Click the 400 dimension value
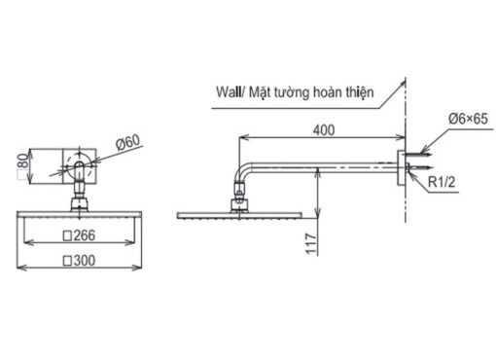324,130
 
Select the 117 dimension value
311,244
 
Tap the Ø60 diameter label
128,142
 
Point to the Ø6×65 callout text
468,119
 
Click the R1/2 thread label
442,182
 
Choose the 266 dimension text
85,235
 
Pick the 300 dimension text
85,261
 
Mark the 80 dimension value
23,161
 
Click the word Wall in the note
229,92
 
